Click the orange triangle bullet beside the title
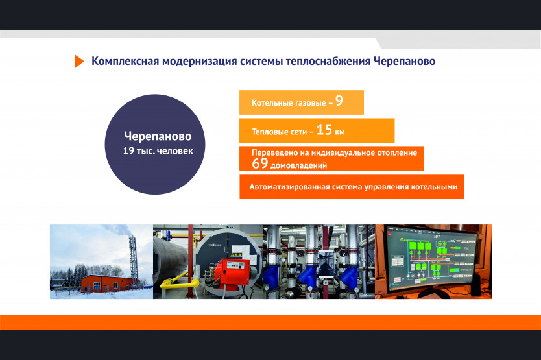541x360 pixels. (79, 61)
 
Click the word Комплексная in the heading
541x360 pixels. (125, 61)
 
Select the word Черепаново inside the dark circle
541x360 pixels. (158, 136)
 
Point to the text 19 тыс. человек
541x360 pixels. (158, 151)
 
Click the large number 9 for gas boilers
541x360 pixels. (339, 101)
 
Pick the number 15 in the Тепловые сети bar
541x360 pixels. (324, 130)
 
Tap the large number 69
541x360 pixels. (260, 163)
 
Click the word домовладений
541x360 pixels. (299, 165)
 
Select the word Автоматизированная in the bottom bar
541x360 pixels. (289, 187)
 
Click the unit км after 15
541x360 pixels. (340, 132)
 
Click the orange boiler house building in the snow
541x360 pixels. (106, 283)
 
